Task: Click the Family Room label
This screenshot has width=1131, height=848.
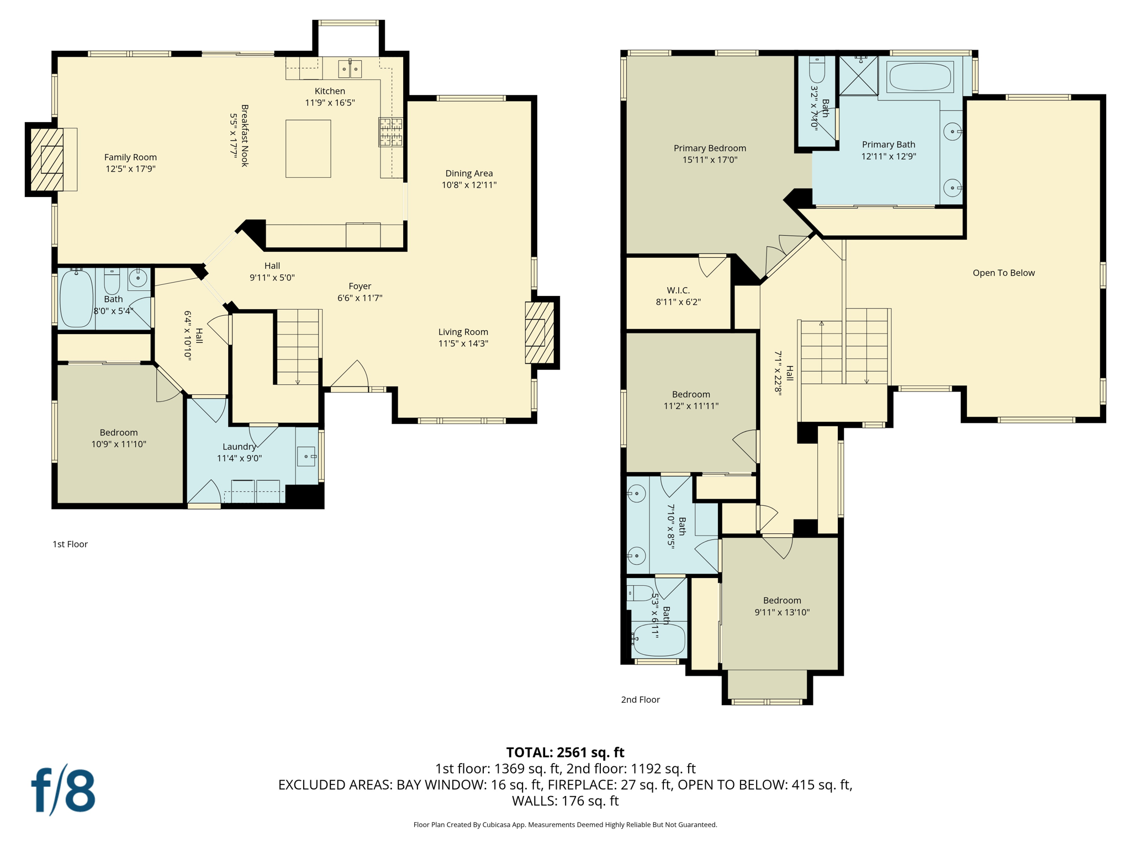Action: pyautogui.click(x=130, y=157)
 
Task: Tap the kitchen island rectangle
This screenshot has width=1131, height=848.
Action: pyautogui.click(x=308, y=149)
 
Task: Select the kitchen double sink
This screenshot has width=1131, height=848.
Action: pyautogui.click(x=350, y=69)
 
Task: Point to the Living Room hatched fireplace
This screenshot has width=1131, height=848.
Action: pyautogui.click(x=539, y=332)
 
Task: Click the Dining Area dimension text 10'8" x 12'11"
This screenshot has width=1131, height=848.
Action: pyautogui.click(x=469, y=185)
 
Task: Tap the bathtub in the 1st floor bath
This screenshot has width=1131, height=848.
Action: pyautogui.click(x=76, y=299)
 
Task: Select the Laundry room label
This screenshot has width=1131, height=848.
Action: pyautogui.click(x=239, y=447)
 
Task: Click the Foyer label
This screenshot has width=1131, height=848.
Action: pyautogui.click(x=360, y=286)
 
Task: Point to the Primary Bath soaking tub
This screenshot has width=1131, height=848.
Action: pyautogui.click(x=921, y=77)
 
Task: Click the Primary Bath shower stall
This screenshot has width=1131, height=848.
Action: pyautogui.click(x=858, y=76)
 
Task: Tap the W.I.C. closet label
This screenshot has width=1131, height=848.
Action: pyautogui.click(x=678, y=290)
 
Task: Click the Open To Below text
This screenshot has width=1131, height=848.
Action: pyautogui.click(x=1003, y=273)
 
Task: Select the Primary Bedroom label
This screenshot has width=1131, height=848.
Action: pyautogui.click(x=710, y=148)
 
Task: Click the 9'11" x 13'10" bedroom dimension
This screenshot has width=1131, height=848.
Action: pyautogui.click(x=782, y=612)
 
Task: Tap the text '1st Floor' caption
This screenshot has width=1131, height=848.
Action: pyautogui.click(x=70, y=544)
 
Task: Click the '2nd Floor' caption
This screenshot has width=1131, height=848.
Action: pyautogui.click(x=640, y=699)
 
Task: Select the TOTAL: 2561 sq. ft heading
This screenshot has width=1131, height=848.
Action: pyautogui.click(x=565, y=752)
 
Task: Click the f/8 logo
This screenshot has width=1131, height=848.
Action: pyautogui.click(x=63, y=791)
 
